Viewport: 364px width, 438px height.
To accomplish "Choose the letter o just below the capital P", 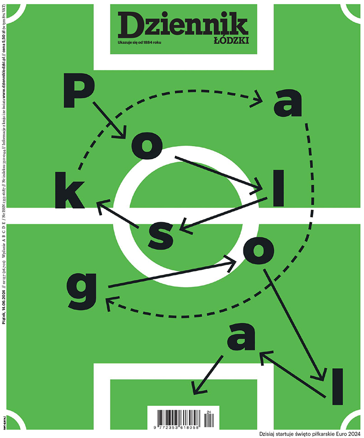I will point(147,142).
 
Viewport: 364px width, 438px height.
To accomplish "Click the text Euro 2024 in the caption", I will point(342,434).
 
